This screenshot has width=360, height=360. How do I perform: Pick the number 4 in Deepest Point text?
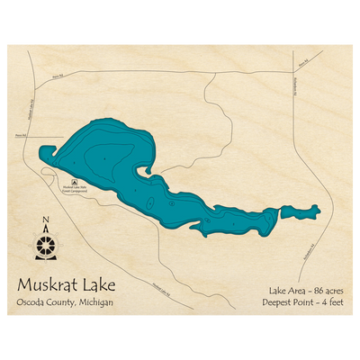325,302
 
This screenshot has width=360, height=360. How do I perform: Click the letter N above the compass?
46,223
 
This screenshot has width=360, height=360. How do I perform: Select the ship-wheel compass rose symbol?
46,244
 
